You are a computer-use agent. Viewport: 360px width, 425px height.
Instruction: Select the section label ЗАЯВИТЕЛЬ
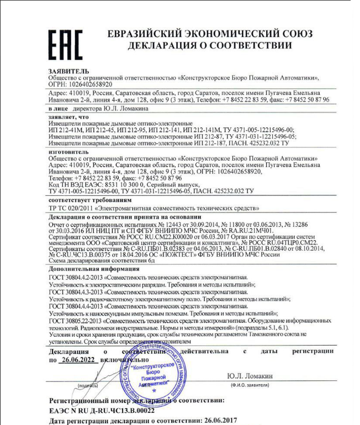click(x=67, y=72)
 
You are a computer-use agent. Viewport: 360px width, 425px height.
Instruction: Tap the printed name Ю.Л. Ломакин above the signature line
click(x=249, y=376)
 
